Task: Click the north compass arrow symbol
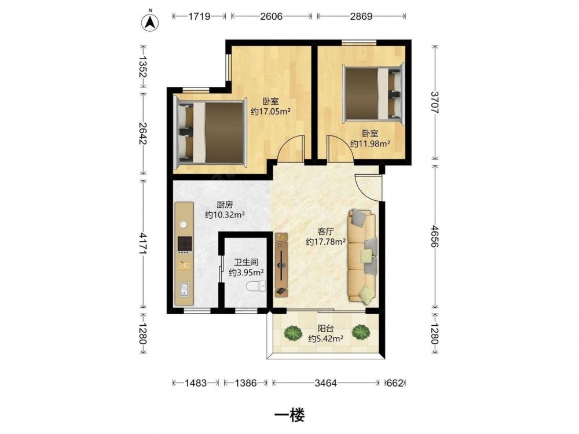point(151,23)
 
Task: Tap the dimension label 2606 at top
point(272,16)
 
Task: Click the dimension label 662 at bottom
point(395,383)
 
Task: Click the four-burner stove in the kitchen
point(185,244)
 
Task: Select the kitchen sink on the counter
point(184,289)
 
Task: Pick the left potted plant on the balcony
point(293,333)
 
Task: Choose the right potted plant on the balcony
point(360,332)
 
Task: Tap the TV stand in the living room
point(281,264)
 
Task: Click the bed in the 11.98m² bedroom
point(373,93)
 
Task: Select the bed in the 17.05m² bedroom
point(210,133)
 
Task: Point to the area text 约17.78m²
point(325,242)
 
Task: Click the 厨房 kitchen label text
point(225,204)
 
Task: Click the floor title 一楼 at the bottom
point(289,415)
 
